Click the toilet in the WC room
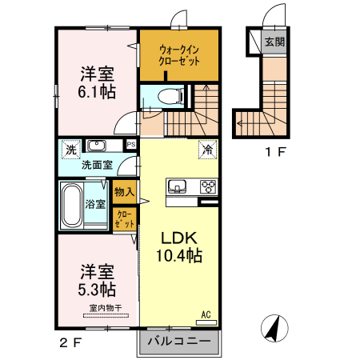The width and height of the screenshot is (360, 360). (170, 96)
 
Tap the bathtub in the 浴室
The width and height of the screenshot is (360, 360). (71, 205)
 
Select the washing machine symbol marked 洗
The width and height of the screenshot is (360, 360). (71, 150)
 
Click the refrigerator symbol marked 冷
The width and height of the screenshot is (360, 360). (207, 150)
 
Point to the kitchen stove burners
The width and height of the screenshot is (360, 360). (208, 186)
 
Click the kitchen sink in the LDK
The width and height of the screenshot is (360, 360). (177, 186)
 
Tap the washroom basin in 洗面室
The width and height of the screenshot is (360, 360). (97, 146)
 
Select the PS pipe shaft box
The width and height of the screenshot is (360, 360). (131, 145)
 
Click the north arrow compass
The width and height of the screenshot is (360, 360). (274, 328)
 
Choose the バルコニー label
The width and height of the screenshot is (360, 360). (179, 341)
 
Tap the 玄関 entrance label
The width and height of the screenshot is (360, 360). (274, 42)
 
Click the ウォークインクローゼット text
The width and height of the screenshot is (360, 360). (179, 55)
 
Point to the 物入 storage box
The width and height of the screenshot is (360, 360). (124, 192)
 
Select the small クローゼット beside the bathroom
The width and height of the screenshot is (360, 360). (124, 219)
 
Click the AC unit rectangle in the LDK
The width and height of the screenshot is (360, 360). (206, 322)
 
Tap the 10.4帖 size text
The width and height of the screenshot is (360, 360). (179, 255)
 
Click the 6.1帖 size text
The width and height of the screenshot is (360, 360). (97, 92)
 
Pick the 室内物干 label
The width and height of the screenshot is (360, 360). (106, 308)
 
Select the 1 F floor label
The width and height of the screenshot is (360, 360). (275, 152)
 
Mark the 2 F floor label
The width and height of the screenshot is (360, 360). (70, 343)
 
